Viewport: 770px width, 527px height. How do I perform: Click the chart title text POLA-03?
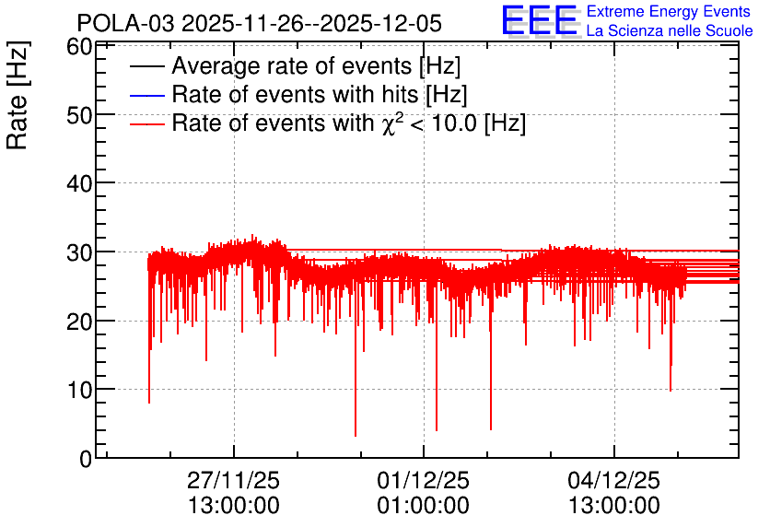125,24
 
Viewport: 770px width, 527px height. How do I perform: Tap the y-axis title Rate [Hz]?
17,95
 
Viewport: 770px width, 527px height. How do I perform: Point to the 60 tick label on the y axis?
79,47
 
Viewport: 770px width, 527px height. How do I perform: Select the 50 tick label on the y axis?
79,115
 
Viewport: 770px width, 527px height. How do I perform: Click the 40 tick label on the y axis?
79,184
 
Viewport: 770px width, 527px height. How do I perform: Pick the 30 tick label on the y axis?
79,253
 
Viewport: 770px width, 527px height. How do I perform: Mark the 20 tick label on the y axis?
79,322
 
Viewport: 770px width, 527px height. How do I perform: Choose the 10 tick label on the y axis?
79,390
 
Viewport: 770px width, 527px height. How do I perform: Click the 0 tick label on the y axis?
86,459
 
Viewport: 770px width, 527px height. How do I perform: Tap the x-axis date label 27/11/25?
233,480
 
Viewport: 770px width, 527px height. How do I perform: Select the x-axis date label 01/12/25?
424,480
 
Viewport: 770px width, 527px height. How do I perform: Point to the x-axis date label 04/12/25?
613,480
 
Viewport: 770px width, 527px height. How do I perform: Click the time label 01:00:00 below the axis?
424,506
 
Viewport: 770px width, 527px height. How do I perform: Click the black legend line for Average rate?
146,66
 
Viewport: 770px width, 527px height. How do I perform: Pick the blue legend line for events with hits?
146,95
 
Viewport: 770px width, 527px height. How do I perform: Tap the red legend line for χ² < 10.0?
146,124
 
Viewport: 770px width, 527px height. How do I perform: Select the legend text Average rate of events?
292,66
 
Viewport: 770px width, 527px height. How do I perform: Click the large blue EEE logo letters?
540,20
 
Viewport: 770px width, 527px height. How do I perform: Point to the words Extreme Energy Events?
669,11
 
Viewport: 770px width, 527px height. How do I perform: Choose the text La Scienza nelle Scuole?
670,30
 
